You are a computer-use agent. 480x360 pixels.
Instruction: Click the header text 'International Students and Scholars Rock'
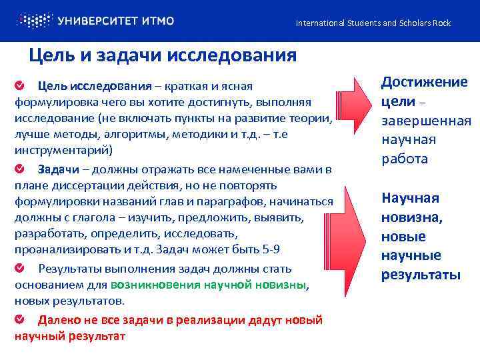[373, 23]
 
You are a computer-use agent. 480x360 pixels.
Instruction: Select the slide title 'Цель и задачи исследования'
[163, 55]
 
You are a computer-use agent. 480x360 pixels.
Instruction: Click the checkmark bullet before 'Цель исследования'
[21, 86]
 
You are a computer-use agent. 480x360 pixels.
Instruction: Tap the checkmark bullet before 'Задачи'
[21, 169]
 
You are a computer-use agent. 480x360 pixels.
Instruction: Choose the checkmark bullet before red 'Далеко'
[21, 319]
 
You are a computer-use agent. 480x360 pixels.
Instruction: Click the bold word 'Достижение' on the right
[425, 82]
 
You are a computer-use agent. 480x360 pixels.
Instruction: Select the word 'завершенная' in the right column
[426, 121]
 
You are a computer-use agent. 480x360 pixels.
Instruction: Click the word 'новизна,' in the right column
[412, 217]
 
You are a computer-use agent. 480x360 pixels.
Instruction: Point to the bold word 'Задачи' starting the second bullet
[57, 169]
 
